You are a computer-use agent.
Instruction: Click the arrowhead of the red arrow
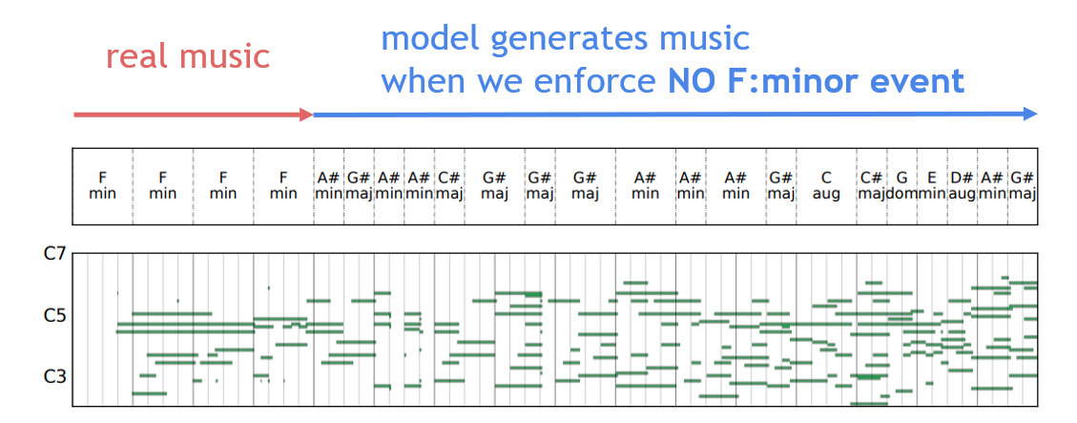click(x=306, y=115)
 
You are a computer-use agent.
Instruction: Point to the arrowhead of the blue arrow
click(x=1029, y=115)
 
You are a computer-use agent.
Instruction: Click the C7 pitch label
click(x=55, y=255)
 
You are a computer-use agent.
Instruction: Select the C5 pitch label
click(x=55, y=317)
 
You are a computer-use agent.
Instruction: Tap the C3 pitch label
click(x=55, y=377)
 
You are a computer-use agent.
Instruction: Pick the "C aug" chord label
click(x=826, y=185)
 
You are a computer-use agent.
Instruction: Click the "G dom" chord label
click(x=901, y=185)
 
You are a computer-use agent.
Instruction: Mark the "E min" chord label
click(x=932, y=185)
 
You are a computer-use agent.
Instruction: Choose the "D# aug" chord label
click(x=963, y=185)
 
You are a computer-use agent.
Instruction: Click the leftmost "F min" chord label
click(x=103, y=185)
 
